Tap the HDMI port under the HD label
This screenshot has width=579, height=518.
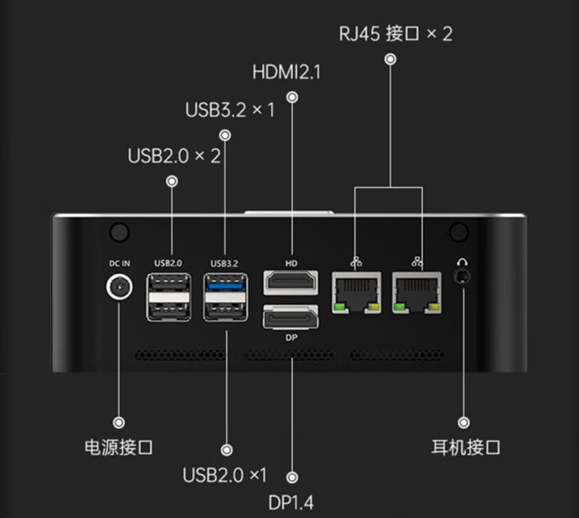290,283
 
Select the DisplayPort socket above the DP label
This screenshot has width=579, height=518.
290,316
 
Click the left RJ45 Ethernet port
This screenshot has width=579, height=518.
356,293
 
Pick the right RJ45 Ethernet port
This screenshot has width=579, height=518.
417,293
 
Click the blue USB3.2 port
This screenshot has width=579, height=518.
226,284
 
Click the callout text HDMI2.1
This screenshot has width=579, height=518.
286,71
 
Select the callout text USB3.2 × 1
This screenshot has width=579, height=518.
231,110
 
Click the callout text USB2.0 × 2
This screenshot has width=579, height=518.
174,156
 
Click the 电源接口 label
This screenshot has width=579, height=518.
118,447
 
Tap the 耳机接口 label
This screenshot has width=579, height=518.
466,447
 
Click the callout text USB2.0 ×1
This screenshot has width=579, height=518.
225,475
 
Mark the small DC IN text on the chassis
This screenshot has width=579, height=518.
118,262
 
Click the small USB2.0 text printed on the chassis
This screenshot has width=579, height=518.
168,262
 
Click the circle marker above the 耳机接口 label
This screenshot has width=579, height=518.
464,422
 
